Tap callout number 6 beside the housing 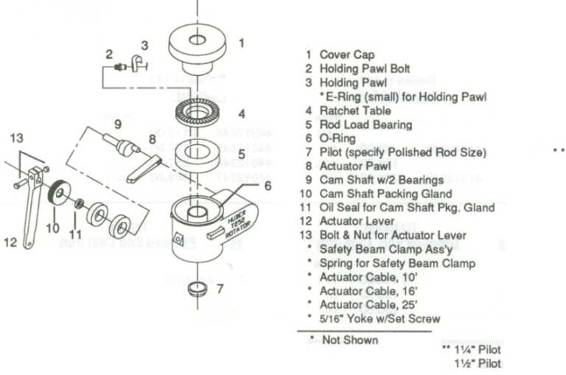[268, 186]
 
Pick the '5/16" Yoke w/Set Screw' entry [380, 319]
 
